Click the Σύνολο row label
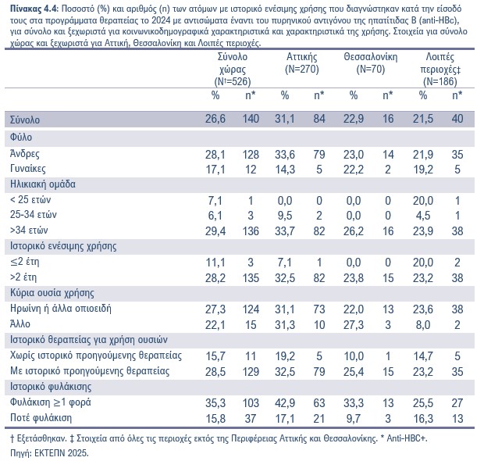click(25, 120)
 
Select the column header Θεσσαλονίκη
click(370, 57)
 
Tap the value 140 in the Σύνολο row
click(251, 119)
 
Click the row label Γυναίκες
click(28, 169)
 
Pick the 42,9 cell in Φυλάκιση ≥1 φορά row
click(285, 403)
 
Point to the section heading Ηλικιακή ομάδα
click(43, 184)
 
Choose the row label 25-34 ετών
click(34, 215)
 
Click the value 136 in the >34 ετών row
click(251, 230)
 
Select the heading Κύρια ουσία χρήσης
click(52, 292)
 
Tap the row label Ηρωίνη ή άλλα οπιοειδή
click(61, 309)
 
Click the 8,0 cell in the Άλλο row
click(423, 325)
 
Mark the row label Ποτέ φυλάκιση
click(41, 418)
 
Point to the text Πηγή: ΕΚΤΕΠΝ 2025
click(49, 453)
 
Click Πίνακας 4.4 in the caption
click(34, 9)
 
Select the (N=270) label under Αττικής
click(302, 70)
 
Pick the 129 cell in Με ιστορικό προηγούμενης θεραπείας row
click(251, 371)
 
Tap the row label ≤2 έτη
click(25, 262)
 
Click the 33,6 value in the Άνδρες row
click(285, 155)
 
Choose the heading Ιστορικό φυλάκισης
click(51, 387)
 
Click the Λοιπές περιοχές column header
click(440, 63)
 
